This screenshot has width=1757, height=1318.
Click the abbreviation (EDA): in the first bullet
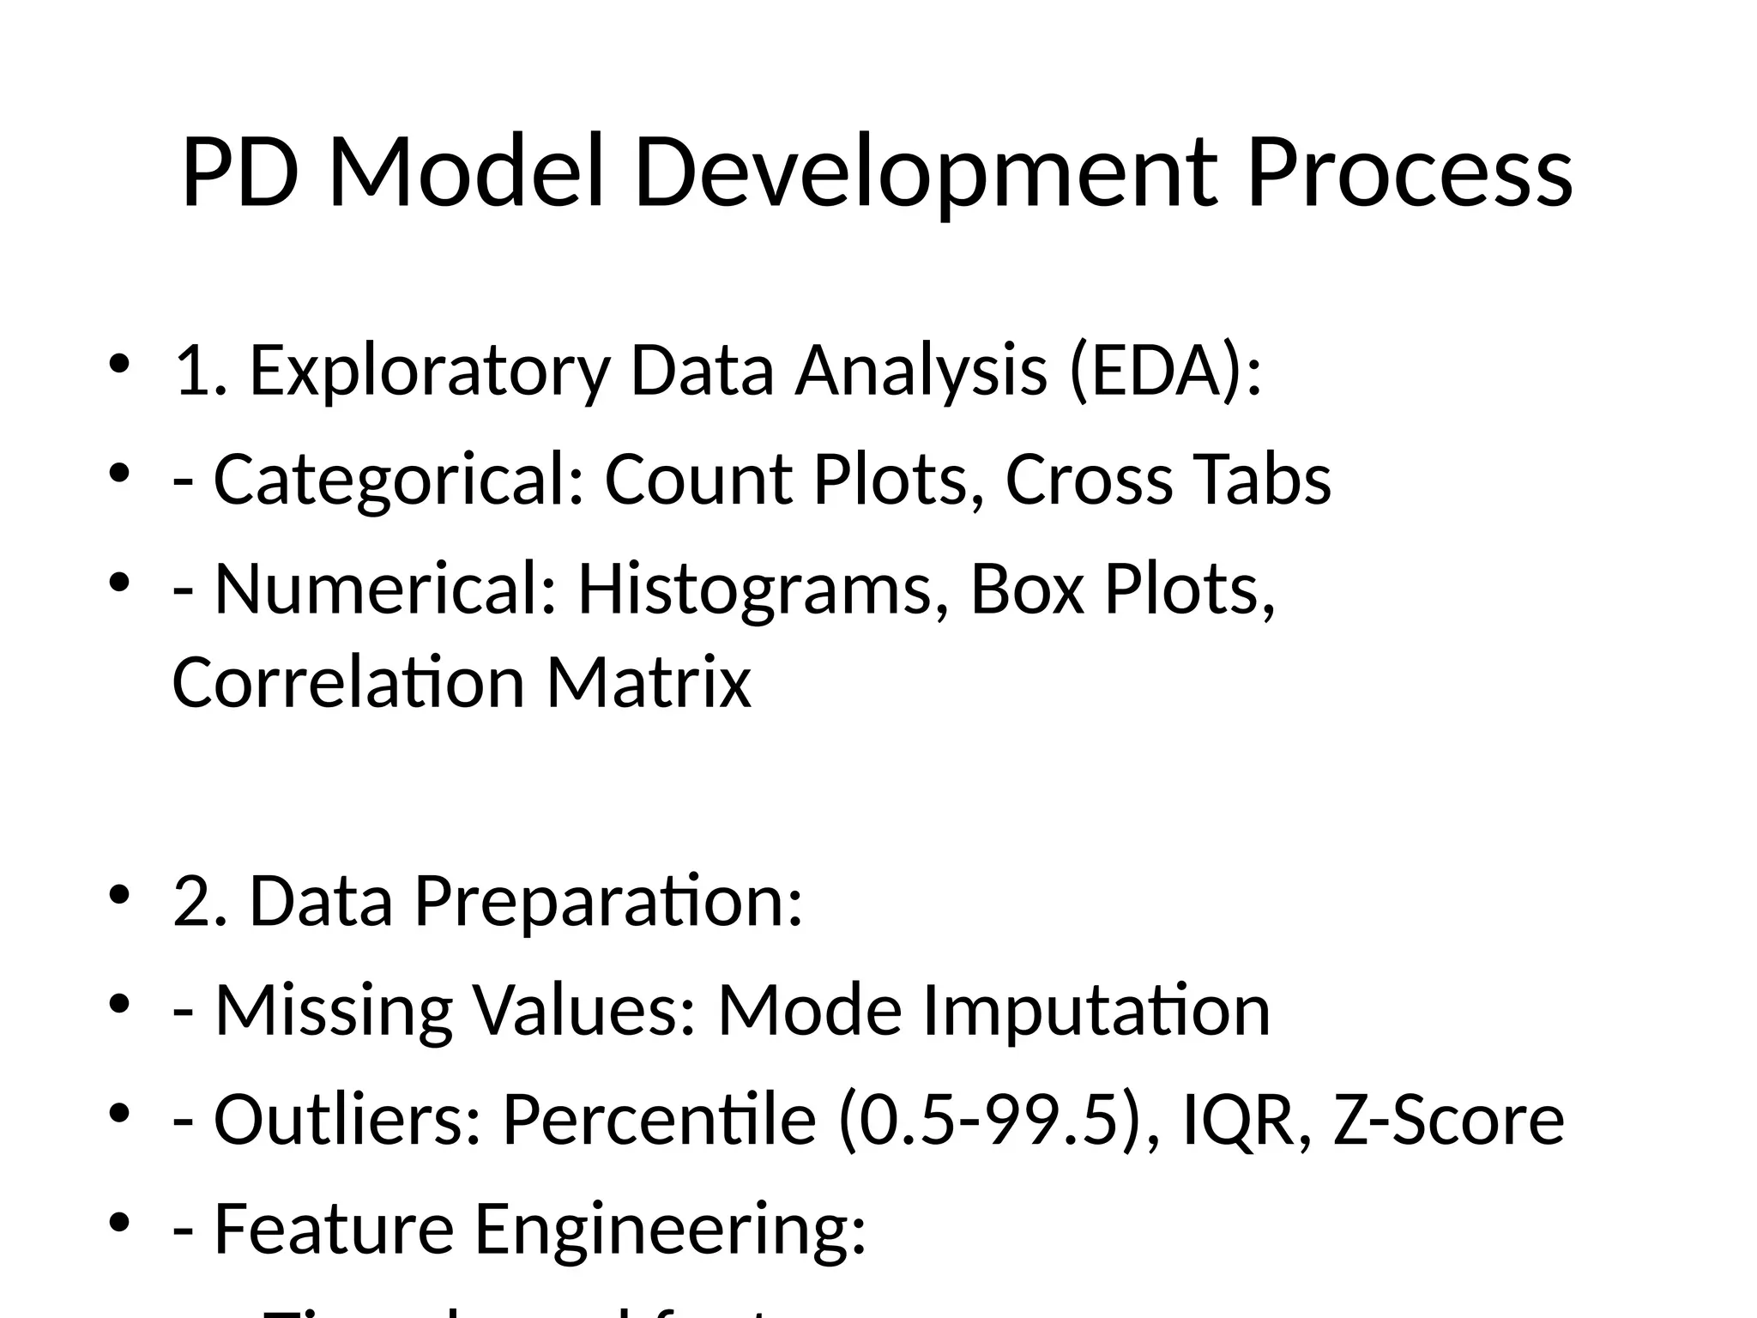tap(1166, 371)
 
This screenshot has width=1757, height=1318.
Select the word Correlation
tap(348, 682)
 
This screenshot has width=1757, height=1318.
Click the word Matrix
tap(649, 682)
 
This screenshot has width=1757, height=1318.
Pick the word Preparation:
tap(608, 902)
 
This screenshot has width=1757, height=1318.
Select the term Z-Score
tap(1449, 1120)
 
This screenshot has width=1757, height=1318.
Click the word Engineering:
tap(670, 1229)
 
